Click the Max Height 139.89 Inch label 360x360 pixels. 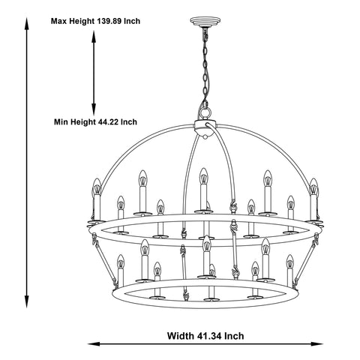(x=95, y=21)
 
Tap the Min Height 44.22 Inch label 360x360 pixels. (x=95, y=122)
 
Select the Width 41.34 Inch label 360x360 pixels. (x=205, y=336)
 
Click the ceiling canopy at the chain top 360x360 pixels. (x=205, y=21)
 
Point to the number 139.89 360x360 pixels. (x=109, y=21)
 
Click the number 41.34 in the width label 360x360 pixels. (x=208, y=336)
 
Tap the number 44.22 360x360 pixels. (x=109, y=122)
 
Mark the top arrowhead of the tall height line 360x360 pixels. (x=26, y=23)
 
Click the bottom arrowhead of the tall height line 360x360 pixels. (x=26, y=302)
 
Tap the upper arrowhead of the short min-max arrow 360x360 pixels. (x=94, y=36)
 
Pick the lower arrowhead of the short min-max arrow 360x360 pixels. (x=94, y=109)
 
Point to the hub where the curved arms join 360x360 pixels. (x=205, y=128)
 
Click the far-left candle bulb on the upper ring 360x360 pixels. (x=97, y=187)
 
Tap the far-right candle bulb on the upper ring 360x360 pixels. (x=313, y=187)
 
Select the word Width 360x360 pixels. (x=181, y=336)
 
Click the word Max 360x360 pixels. (x=59, y=21)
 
